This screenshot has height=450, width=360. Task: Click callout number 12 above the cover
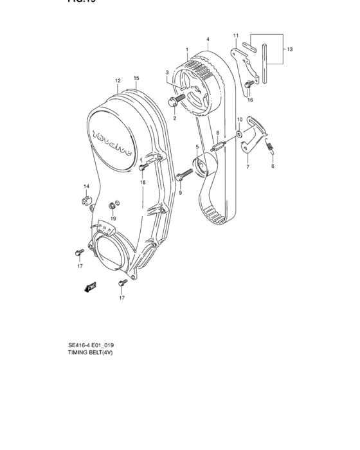118,80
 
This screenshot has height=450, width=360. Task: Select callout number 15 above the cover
136,78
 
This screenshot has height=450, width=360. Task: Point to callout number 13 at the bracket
289,49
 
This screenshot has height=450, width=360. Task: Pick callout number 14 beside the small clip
85,186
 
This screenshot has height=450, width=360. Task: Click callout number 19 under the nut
113,219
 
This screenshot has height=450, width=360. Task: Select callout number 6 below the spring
272,166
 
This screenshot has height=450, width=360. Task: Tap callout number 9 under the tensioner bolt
181,192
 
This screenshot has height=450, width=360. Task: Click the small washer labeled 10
239,134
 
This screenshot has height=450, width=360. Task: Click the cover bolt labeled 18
141,168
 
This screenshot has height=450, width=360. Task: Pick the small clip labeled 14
84,199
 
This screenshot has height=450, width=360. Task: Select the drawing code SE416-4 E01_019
94,345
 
